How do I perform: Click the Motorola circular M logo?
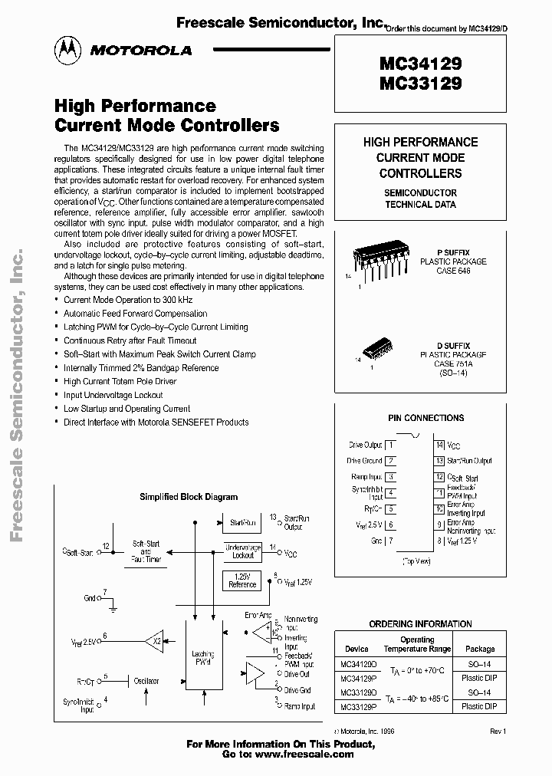click(65, 50)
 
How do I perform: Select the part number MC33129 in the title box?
click(420, 83)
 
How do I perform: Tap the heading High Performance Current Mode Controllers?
click(166, 115)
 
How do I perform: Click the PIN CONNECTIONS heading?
click(426, 418)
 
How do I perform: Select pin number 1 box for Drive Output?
click(391, 445)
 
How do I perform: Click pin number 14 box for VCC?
click(439, 445)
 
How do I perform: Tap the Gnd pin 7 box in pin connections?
click(391, 541)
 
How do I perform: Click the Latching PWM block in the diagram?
click(202, 659)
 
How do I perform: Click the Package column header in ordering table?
click(481, 649)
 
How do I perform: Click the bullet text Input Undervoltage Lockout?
click(113, 395)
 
